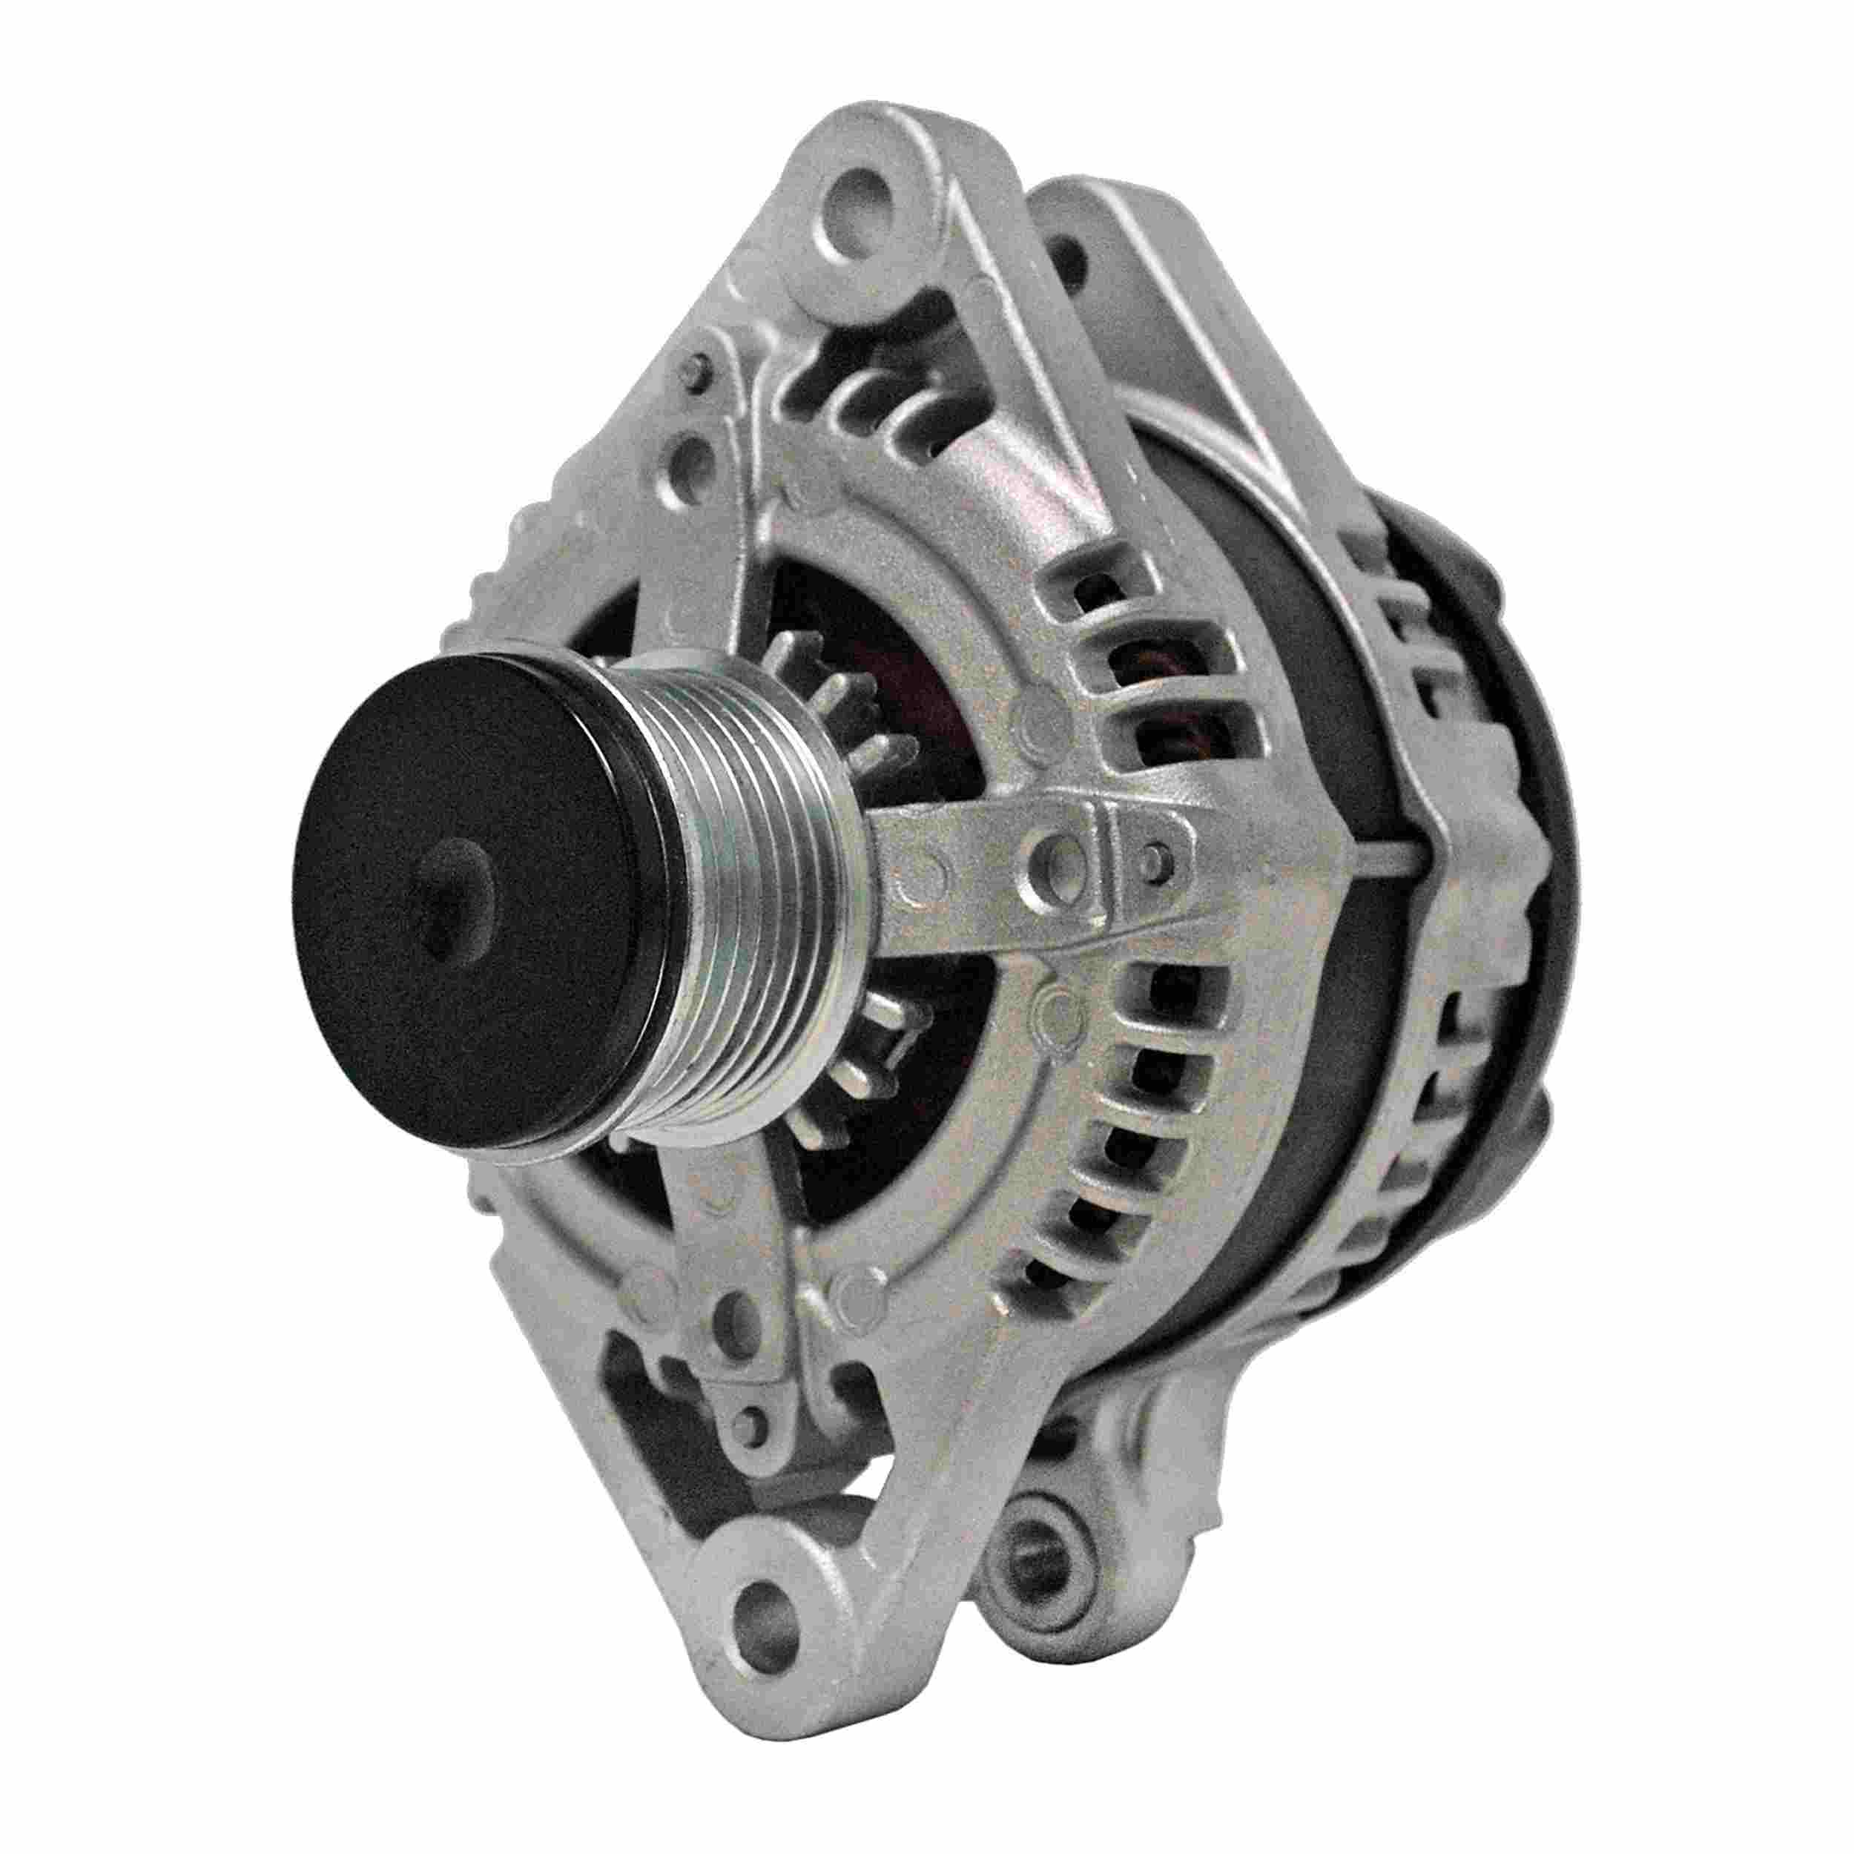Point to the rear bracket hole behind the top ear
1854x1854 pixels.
tap(1070, 251)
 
